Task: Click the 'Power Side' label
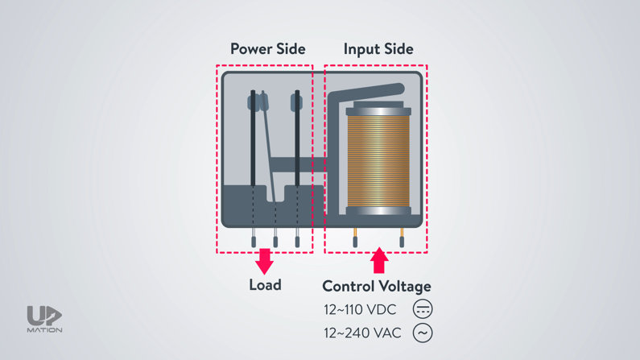(x=267, y=48)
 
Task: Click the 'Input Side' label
(x=378, y=48)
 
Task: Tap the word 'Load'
(x=265, y=284)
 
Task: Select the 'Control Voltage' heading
(x=377, y=286)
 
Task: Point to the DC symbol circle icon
(x=423, y=308)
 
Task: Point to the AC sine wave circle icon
(x=423, y=332)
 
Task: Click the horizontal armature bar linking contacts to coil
(x=302, y=163)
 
